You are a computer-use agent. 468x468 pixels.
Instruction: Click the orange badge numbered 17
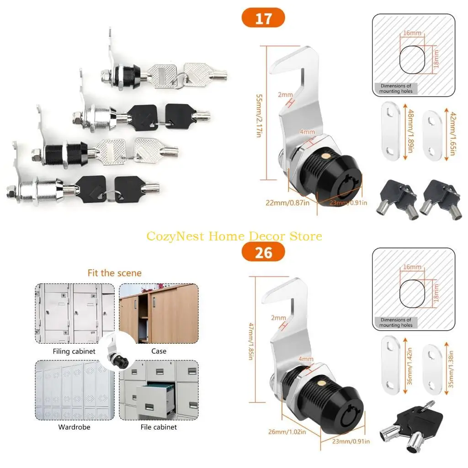point(263,18)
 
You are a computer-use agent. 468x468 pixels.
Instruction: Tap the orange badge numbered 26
point(263,252)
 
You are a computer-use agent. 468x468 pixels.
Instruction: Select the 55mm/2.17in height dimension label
point(259,116)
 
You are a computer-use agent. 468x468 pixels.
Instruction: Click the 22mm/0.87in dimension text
point(287,203)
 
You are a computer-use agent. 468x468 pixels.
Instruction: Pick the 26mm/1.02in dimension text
point(287,431)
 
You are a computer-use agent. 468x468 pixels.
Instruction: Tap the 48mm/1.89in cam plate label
point(411,131)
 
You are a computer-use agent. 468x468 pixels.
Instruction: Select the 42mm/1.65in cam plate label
point(452,133)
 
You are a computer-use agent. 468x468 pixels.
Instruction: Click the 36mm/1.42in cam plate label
point(409,366)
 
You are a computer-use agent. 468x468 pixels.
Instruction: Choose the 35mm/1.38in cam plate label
point(451,369)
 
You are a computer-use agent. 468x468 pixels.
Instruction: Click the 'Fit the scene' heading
point(115,273)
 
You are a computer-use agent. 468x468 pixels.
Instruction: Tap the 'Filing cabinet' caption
point(74,351)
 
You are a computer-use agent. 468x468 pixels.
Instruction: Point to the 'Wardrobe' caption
point(74,427)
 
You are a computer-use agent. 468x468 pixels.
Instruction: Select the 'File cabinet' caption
point(159,427)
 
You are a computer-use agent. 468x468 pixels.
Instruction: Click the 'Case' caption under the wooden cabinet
point(159,351)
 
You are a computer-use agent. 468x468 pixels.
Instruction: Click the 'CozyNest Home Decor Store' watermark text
point(234,236)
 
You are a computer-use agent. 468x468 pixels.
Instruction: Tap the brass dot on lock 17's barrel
point(326,156)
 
